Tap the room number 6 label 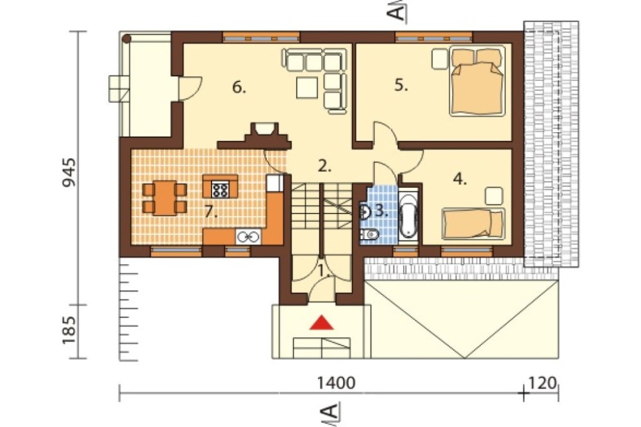pyautogui.click(x=238, y=87)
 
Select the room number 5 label pyautogui.click(x=401, y=85)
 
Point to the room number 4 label pyautogui.click(x=460, y=179)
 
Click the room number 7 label pyautogui.click(x=211, y=212)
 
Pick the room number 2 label pyautogui.click(x=324, y=166)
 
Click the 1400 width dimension pyautogui.click(x=337, y=383)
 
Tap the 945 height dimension pyautogui.click(x=69, y=172)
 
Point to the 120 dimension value pyautogui.click(x=543, y=383)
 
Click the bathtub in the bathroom pyautogui.click(x=408, y=215)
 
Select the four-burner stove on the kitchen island pyautogui.click(x=220, y=189)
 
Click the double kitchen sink pyautogui.click(x=247, y=237)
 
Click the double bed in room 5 pyautogui.click(x=477, y=81)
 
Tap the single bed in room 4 pyautogui.click(x=473, y=223)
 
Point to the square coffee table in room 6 pyautogui.click(x=306, y=88)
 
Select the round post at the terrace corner pyautogui.click(x=127, y=39)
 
